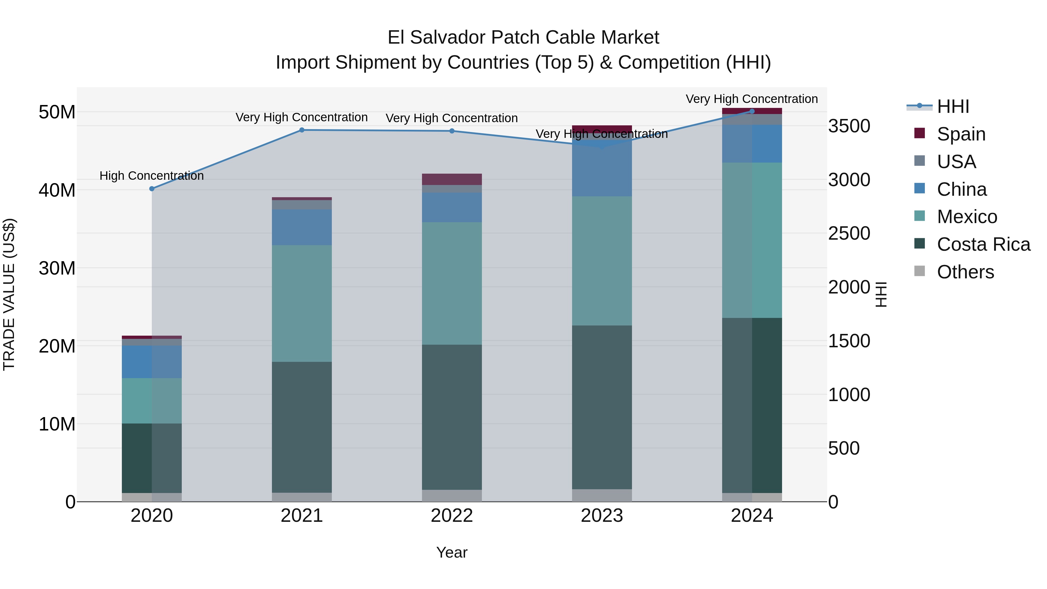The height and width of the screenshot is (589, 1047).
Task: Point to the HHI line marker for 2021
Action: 302,130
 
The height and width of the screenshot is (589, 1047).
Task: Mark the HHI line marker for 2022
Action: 452,131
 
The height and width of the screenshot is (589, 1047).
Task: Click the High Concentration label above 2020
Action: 152,176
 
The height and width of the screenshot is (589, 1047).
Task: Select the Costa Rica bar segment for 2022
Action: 452,417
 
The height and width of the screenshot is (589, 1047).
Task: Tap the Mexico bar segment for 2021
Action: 302,303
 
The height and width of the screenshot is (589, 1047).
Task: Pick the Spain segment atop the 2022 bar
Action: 452,179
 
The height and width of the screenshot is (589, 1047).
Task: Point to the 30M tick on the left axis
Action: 57,268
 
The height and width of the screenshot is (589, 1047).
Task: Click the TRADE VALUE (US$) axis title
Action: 9,294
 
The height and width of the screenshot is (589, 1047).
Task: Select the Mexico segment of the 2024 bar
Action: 752,240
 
